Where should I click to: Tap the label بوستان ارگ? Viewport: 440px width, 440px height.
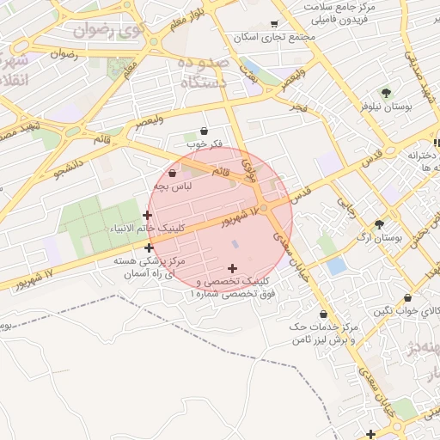383,235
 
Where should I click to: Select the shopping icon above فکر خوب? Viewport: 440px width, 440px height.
204,130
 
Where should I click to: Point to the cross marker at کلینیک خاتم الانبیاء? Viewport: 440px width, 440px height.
148,215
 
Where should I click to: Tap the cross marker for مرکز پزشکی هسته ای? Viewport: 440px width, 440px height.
149,247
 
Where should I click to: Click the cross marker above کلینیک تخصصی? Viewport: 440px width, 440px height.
232,268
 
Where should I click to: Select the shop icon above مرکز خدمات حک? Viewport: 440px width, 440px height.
323,315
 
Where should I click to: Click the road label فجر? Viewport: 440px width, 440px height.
297,107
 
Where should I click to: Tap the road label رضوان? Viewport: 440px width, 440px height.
64,54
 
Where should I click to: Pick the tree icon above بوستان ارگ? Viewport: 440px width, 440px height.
379,223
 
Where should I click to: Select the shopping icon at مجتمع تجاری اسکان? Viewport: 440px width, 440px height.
274,24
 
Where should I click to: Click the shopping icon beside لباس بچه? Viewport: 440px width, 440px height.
174,173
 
